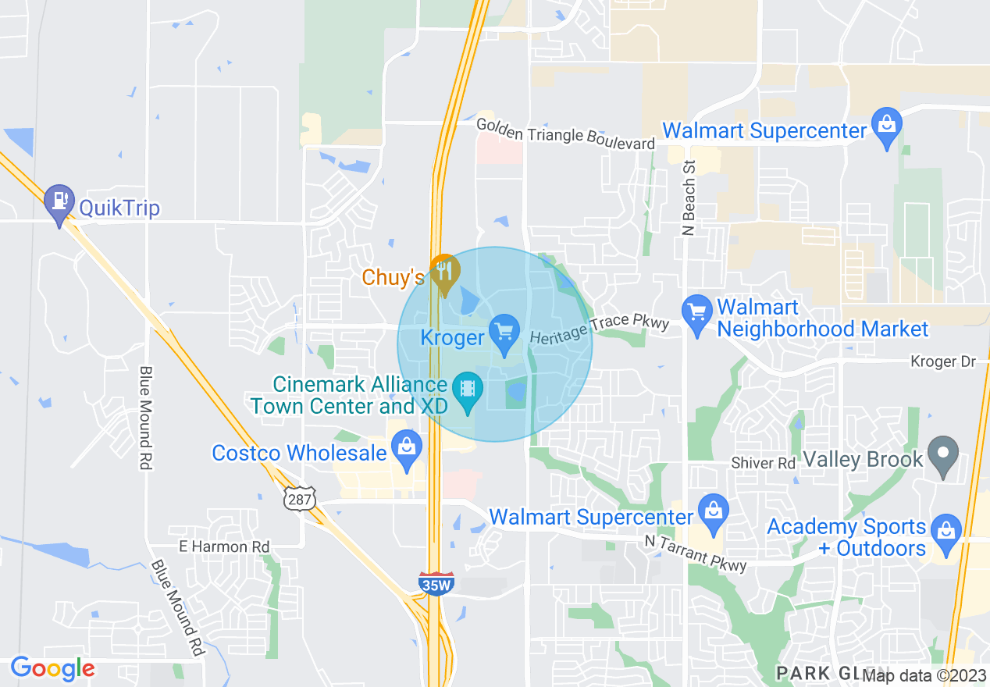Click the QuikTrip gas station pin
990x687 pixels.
click(x=59, y=202)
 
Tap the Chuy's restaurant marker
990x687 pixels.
click(x=444, y=272)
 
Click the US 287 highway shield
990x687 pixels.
click(x=301, y=497)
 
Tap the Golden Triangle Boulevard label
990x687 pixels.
click(x=565, y=134)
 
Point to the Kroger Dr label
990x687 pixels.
click(x=943, y=361)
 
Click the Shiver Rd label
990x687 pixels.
click(x=763, y=463)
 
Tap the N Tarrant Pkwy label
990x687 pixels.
click(x=695, y=552)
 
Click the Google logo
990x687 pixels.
click(x=53, y=668)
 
